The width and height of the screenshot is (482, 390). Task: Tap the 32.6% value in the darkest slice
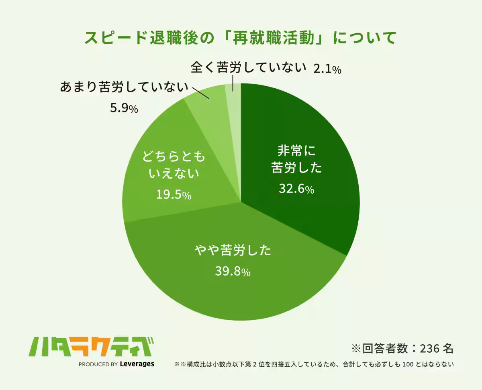[x=296, y=188]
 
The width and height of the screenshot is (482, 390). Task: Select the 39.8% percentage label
[x=233, y=272]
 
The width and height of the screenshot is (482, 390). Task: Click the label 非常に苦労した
[x=296, y=159]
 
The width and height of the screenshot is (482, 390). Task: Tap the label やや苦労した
[x=233, y=251]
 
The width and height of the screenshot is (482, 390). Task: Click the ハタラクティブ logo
[x=92, y=346]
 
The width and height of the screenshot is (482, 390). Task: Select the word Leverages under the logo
[x=137, y=364]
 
